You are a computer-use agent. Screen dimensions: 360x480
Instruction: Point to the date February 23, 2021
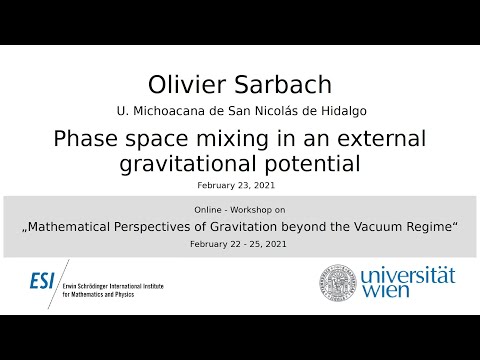240,185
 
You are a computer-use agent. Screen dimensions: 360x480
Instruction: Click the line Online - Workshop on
240,210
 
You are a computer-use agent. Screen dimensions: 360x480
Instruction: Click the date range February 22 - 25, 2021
240,245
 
